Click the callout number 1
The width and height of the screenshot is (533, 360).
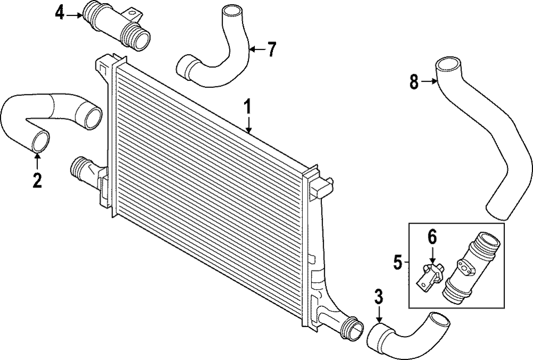(247, 106)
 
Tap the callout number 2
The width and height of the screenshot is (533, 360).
(36, 180)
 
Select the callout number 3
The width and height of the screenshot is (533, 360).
(378, 297)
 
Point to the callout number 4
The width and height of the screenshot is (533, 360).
(60, 12)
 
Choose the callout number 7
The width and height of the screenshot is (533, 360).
(272, 50)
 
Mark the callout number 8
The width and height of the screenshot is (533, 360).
(414, 81)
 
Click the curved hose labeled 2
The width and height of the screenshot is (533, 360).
(48, 117)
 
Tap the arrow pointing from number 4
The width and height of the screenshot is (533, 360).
(73, 13)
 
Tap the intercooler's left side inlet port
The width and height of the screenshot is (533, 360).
(80, 169)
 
